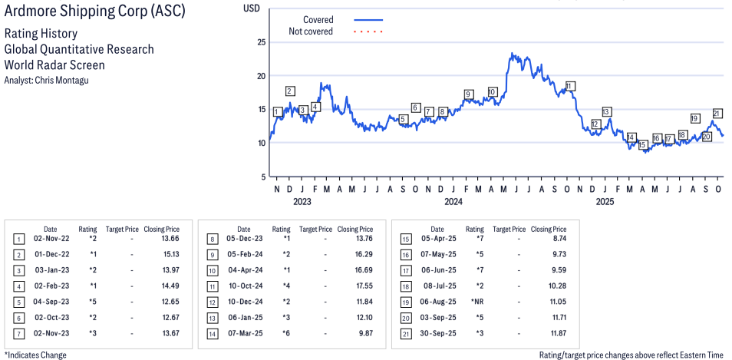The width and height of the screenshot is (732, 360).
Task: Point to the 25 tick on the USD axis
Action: (261, 42)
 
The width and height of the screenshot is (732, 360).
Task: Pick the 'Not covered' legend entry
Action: (311, 31)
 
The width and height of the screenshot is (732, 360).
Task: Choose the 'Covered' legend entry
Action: (318, 20)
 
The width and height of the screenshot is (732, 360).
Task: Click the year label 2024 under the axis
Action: (453, 202)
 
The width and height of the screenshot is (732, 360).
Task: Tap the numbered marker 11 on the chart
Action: (570, 86)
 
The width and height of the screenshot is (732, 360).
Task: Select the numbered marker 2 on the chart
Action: (289, 91)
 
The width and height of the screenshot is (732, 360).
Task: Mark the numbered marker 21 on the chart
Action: (717, 114)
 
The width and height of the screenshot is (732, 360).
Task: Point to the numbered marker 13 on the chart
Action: (606, 112)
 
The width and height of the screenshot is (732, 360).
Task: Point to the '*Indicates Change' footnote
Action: (36, 355)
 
